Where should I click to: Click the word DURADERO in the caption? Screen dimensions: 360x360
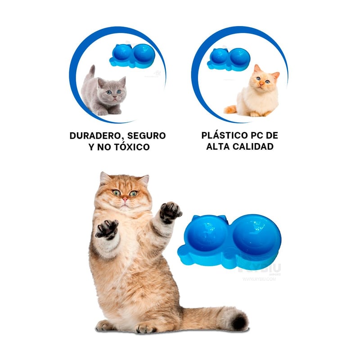94,135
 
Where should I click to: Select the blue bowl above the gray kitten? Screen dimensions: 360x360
132,55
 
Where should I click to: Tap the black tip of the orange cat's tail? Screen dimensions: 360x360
239,322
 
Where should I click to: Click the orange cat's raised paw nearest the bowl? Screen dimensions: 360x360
170,212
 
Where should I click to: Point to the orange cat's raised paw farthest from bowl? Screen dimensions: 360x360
107,229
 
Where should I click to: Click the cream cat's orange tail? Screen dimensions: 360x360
230,109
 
